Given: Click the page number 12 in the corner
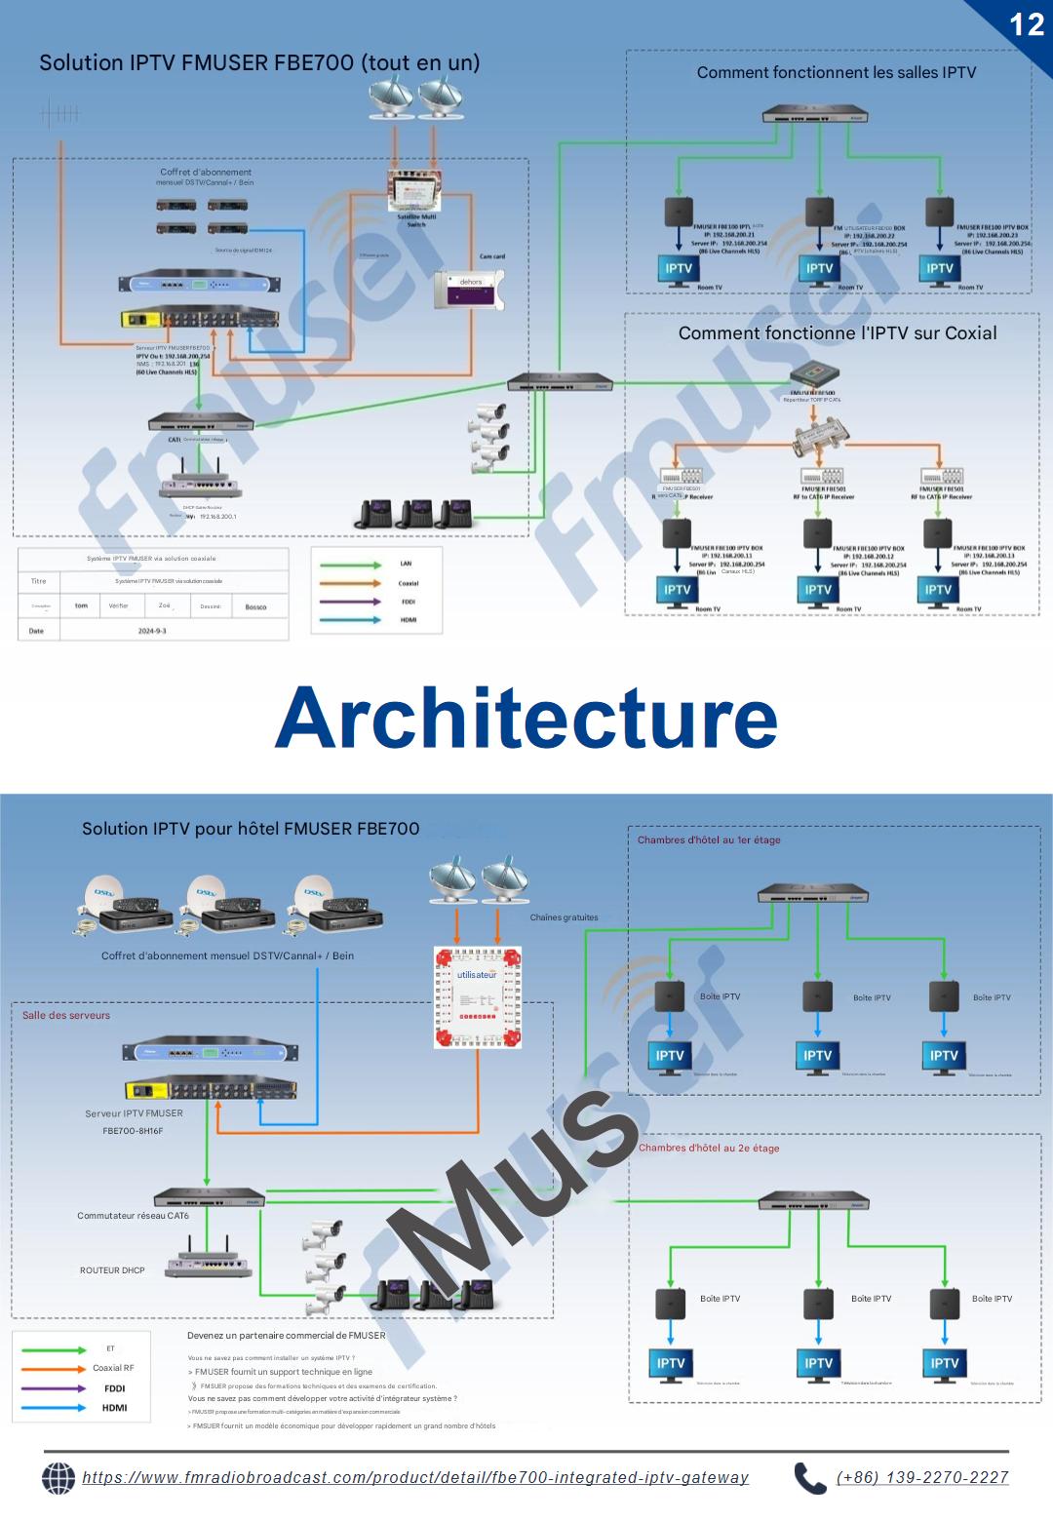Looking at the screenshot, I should coord(1027,24).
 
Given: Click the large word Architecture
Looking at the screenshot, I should coord(526,718).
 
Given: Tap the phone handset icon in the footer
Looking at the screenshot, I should coord(809,1477).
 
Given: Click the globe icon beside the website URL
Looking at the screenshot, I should coord(58,1478).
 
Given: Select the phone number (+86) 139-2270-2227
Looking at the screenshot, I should coord(922,1477).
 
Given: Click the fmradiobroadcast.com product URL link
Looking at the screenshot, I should coord(415,1477).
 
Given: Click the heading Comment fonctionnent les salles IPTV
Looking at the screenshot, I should coord(836,72).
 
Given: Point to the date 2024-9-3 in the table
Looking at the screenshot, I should coord(152,631).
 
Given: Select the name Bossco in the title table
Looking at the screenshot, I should coord(255,606).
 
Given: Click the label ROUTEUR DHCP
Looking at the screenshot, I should coord(112,1270).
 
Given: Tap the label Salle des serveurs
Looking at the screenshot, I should coord(66,1015).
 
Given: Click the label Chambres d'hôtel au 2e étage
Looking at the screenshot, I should coord(709,1148).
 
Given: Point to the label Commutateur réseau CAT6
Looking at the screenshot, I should coord(133,1216).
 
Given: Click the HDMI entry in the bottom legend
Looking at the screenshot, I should coord(115,1408).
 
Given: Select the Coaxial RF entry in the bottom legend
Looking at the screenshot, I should coord(113,1368).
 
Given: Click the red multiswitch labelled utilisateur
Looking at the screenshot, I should coord(478,996).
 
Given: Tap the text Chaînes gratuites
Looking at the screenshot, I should coord(564,917).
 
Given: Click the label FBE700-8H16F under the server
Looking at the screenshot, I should coord(133,1131).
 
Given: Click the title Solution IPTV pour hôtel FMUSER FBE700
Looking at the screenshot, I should coord(251,829).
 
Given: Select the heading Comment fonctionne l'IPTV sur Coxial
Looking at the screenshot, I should coord(837,333).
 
